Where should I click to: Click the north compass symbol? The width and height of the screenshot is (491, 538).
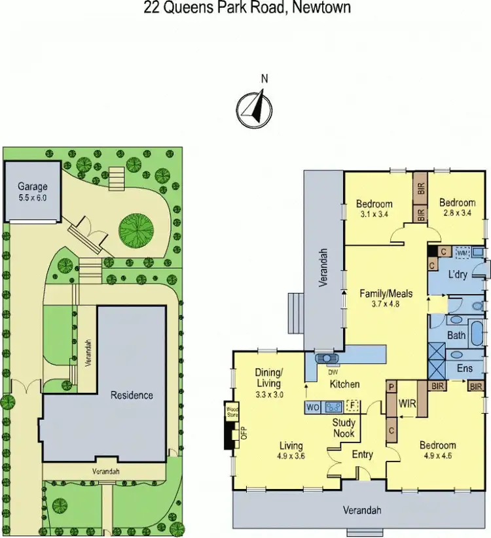254,107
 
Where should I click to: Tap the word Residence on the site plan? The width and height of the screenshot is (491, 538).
132,395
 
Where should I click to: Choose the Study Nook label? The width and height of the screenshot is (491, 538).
344,428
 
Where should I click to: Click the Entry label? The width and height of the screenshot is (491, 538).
363,454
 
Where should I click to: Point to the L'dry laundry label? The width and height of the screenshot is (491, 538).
457,275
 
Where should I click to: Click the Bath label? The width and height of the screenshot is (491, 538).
456,335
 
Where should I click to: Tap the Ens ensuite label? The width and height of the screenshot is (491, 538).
465,369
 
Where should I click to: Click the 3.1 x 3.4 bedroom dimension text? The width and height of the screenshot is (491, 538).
374,213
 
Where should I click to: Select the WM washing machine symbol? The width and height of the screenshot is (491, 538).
462,252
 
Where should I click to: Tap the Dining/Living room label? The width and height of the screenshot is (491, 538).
268,378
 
